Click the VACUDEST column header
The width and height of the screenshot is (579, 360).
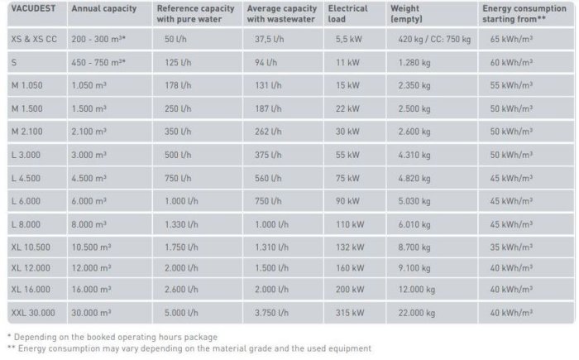click(31, 8)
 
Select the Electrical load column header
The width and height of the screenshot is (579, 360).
click(347, 13)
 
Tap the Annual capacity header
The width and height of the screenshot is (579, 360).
click(103, 8)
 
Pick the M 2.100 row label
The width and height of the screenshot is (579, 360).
click(26, 131)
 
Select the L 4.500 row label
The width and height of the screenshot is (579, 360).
click(26, 176)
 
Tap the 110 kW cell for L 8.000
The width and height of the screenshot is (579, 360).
click(347, 223)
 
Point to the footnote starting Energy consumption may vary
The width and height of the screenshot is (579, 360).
click(189, 348)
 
